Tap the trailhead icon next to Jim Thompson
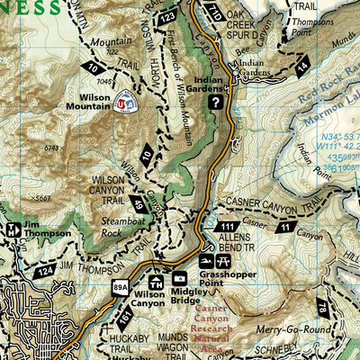pos(12,229)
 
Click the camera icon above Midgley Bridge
pos(179,280)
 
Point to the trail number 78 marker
pos(347,311)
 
